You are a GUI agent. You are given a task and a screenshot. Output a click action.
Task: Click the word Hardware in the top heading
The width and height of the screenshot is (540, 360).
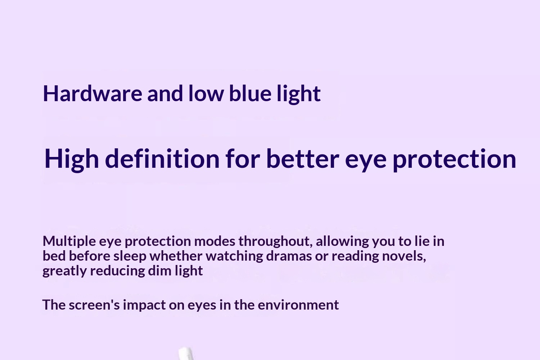pos(92,94)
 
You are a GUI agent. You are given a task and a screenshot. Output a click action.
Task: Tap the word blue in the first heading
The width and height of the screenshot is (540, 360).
pos(250,94)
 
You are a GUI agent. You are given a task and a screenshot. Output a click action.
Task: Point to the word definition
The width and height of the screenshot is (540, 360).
pos(162,158)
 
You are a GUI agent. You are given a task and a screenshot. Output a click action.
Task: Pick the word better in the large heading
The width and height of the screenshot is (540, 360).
pos(302,158)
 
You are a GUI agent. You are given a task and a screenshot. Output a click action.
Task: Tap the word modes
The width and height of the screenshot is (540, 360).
pos(215,241)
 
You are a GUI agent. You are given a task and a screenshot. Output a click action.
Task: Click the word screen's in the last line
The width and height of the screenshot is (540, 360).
pos(94,305)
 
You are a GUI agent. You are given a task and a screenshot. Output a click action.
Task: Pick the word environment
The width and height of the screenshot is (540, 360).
pos(298,305)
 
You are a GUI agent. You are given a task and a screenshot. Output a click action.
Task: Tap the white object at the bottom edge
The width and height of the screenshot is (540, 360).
pos(186,354)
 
